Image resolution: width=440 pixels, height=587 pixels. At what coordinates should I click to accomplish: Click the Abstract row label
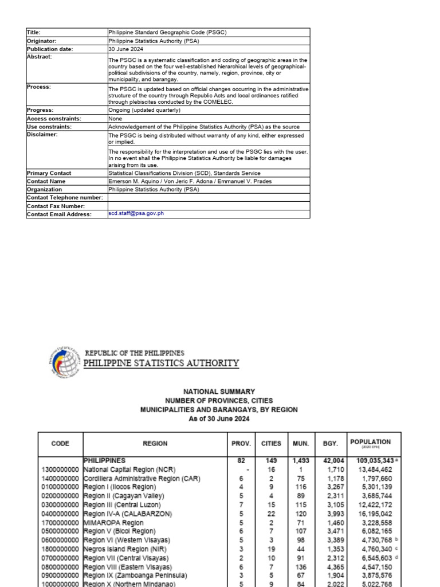(39, 57)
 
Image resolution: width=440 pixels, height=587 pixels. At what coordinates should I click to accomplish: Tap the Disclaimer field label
(42, 135)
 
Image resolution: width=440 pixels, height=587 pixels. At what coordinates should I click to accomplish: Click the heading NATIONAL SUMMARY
(219, 392)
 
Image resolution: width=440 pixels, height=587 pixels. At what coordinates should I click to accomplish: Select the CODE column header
(60, 444)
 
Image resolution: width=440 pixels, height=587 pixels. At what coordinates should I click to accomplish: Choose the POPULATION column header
(371, 443)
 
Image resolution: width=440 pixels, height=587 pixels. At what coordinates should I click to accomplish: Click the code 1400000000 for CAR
(60, 478)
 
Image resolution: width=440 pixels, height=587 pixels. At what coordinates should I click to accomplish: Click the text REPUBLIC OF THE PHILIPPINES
(135, 353)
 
